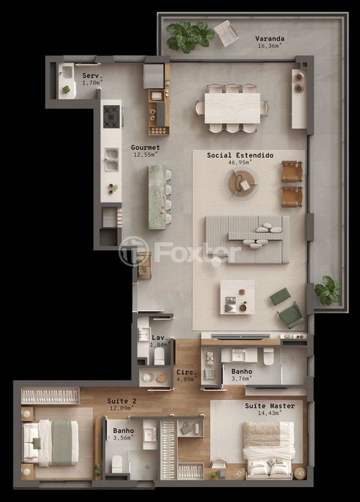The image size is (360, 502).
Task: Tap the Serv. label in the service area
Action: [91, 76]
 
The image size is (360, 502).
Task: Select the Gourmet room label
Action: [145, 147]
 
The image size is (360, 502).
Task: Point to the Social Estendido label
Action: [240, 155]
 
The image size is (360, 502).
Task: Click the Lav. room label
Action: [158, 338]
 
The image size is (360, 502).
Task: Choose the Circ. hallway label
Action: [185, 371]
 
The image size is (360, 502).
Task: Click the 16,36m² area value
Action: [247, 46]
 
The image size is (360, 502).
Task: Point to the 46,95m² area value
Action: [240, 161]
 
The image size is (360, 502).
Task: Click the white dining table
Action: [232, 107]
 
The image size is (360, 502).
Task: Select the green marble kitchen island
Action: [157, 196]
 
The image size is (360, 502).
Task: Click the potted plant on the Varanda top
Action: [188, 35]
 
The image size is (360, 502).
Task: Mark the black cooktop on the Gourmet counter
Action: [111, 116]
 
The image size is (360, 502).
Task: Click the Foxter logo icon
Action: [133, 251]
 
